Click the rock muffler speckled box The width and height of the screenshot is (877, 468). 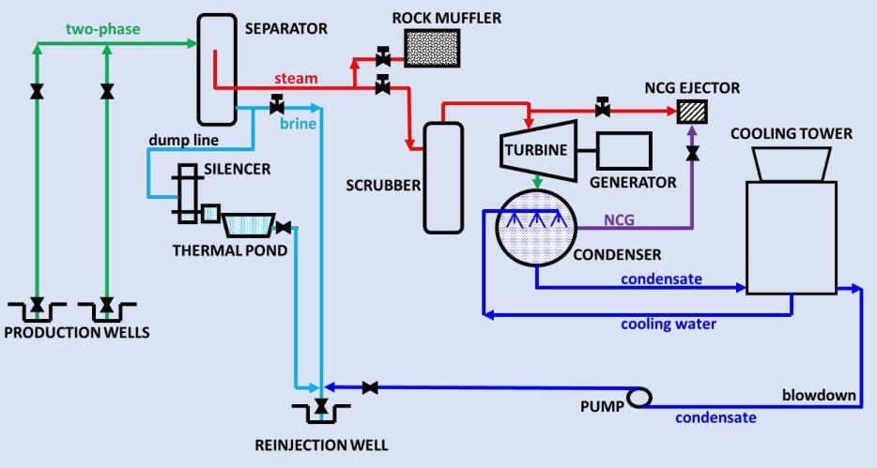point(432,48)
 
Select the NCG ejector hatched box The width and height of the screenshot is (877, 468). point(692,112)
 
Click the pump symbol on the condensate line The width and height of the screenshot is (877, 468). point(639,398)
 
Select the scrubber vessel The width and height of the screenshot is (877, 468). point(443,176)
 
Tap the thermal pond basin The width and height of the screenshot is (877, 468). point(249,224)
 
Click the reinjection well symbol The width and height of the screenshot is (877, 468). point(321,408)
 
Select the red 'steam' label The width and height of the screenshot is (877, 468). point(296,78)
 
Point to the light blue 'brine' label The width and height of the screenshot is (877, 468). point(300,123)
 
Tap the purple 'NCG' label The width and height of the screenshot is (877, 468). point(618,220)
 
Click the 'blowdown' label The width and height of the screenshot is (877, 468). point(819,395)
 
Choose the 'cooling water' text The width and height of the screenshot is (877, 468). point(669,325)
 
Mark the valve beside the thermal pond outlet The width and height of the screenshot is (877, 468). point(285,226)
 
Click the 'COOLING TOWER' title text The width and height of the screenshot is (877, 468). point(792,133)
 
